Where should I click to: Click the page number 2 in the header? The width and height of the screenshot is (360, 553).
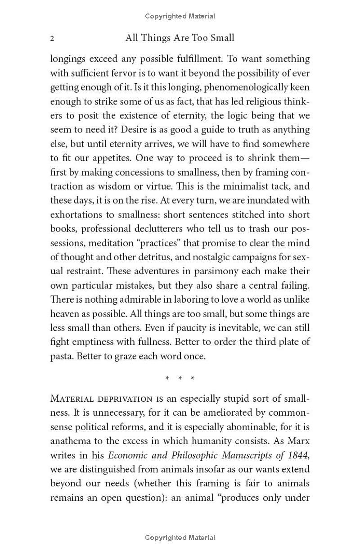[52, 39]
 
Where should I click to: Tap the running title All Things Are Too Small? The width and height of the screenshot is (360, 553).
[180, 38]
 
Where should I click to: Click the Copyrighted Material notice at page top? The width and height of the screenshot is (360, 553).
[180, 16]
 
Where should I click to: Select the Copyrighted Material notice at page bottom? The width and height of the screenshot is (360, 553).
[180, 537]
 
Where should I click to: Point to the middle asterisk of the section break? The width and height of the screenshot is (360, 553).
[180, 378]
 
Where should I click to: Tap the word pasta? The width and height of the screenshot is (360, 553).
[61, 356]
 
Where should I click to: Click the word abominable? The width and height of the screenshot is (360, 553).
[242, 427]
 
